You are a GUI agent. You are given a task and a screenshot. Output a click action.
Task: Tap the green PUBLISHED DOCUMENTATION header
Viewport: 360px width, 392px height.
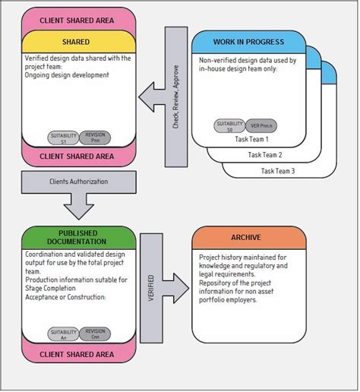(x=79, y=237)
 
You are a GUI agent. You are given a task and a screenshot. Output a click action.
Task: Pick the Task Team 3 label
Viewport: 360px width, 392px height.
(x=279, y=171)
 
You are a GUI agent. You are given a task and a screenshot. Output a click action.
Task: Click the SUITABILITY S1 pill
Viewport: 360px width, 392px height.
(x=63, y=137)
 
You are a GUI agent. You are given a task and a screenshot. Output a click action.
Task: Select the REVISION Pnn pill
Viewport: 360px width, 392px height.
(x=96, y=137)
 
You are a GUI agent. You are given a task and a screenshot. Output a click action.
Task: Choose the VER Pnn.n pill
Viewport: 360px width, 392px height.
(x=261, y=125)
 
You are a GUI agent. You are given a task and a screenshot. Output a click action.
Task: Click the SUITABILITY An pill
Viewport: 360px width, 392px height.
(x=63, y=334)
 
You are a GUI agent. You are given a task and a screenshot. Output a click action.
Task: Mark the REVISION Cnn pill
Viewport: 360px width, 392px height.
(x=96, y=334)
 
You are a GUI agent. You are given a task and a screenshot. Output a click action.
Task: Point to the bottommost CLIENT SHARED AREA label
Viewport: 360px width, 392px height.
(x=79, y=354)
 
